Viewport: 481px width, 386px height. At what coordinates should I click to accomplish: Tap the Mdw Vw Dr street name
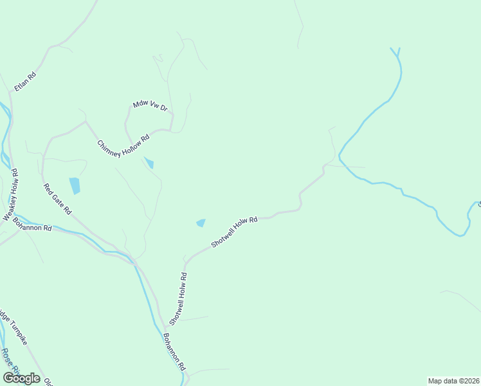pos(150,106)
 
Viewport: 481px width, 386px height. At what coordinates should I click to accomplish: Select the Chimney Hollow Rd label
pos(123,145)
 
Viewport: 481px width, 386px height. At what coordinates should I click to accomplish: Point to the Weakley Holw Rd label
pos(12,196)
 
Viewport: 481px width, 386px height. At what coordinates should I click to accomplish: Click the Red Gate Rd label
pos(57,198)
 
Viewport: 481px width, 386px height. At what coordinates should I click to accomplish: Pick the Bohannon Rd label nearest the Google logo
pos(174,351)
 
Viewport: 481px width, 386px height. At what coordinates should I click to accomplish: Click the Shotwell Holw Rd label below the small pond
pos(234,232)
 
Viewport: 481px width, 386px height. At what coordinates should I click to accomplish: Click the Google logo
pos(21,378)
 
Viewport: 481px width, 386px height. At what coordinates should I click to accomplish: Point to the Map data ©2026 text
pos(453,380)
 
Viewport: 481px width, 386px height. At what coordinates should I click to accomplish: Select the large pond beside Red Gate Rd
pos(75,185)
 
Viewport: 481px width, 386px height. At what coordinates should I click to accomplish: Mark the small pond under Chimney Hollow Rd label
pos(149,163)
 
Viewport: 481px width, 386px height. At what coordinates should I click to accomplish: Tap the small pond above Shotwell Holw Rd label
pos(201,223)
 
